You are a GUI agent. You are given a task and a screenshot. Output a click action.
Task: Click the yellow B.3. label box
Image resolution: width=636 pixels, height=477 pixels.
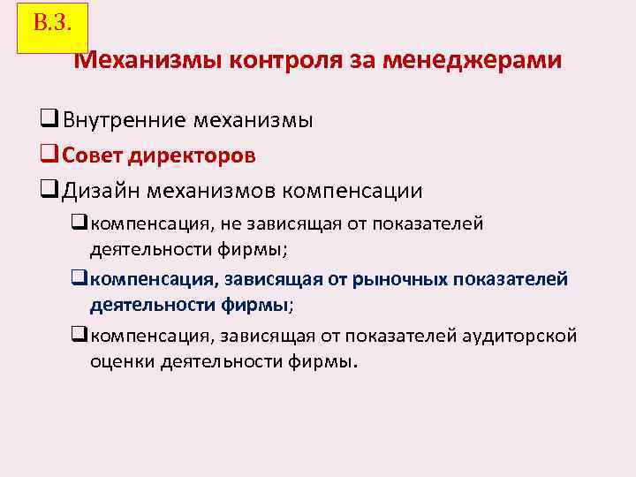click(52, 26)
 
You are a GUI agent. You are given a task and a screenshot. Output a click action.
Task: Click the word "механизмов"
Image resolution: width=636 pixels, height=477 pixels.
click(217, 191)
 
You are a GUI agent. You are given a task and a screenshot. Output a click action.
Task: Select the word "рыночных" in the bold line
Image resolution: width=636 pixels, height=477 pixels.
click(399, 280)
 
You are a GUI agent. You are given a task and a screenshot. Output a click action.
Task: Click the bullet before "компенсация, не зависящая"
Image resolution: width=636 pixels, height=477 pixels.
click(79, 223)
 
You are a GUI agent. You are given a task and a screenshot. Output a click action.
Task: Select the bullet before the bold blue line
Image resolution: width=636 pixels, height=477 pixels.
click(79, 280)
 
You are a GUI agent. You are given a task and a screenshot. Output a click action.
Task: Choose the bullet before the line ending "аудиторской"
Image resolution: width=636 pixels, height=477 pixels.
click(79, 336)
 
